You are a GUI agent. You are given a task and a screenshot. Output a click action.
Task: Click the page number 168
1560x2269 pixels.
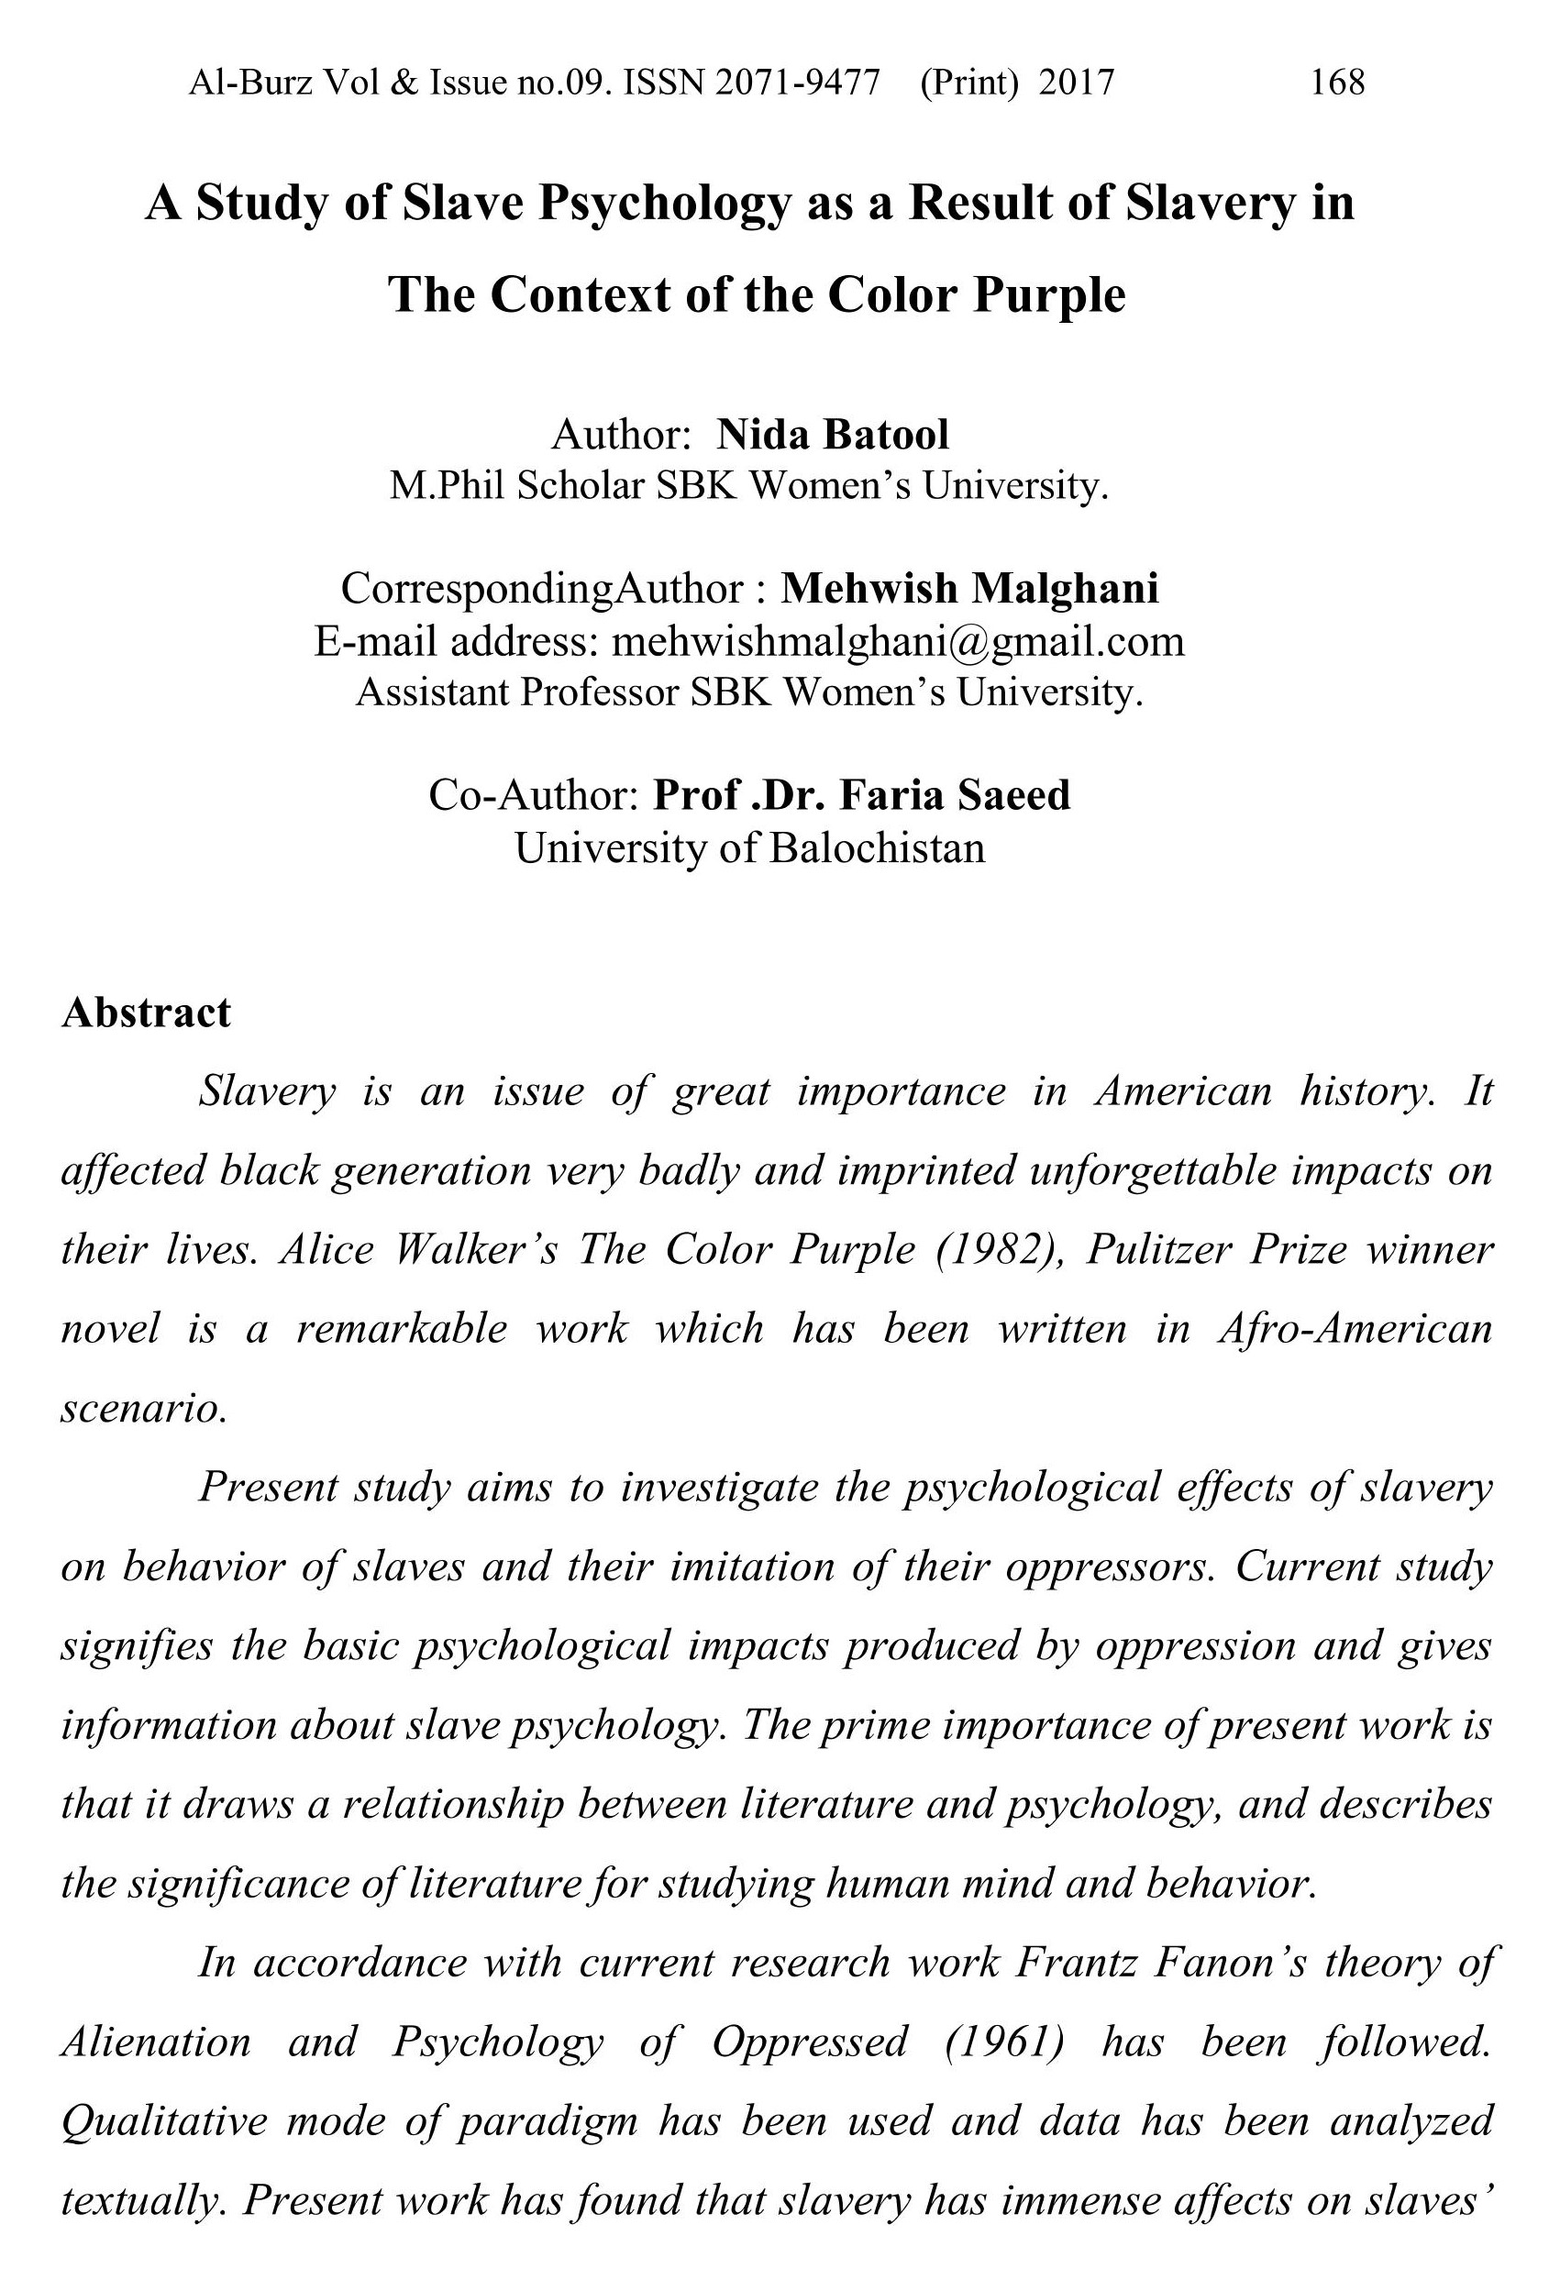[x=1337, y=82]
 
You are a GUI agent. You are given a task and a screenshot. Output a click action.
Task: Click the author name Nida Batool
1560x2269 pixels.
[x=833, y=435]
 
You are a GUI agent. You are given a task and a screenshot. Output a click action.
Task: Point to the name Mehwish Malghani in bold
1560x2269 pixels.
[x=969, y=588]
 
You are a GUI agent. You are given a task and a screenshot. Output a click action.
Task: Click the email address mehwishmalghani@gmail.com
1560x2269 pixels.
[x=897, y=641]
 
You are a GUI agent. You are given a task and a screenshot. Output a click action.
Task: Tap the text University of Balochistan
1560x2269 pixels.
[x=749, y=847]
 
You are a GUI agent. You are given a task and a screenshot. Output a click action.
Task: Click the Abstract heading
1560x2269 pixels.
[x=147, y=1013]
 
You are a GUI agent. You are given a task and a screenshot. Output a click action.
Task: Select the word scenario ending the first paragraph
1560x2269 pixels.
[x=144, y=1408]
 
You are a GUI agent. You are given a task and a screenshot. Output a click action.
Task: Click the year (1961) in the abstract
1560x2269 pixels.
[x=1005, y=2042]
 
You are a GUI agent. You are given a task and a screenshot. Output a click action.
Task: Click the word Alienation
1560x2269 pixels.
[x=157, y=2042]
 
